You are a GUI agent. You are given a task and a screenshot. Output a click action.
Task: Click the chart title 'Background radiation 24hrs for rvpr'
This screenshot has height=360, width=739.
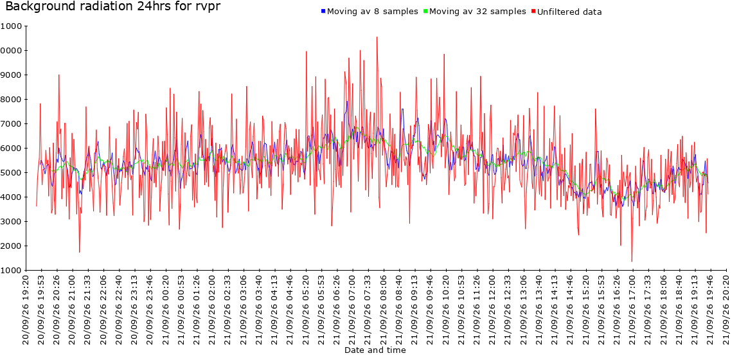click(112, 6)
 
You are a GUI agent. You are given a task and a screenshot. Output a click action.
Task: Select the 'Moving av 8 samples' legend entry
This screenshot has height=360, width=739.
click(369, 12)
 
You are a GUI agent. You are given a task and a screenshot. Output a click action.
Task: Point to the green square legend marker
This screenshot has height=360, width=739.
click(426, 11)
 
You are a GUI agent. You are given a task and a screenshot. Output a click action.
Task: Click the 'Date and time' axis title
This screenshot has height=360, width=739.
click(375, 350)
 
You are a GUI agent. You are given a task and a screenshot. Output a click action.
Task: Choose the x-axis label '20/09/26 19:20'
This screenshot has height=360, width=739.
click(26, 310)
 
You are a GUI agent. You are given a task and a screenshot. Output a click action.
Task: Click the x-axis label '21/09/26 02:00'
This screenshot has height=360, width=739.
click(213, 310)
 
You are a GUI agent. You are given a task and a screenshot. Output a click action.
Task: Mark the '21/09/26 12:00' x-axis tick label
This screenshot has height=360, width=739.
click(492, 310)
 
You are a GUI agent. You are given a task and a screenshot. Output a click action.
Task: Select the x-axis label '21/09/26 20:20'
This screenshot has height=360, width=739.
click(726, 310)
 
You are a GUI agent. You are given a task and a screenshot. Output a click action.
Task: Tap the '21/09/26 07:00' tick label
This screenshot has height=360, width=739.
click(353, 310)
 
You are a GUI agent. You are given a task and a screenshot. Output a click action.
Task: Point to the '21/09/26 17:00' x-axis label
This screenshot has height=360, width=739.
click(632, 310)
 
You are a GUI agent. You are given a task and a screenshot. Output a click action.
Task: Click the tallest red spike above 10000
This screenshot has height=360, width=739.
click(377, 37)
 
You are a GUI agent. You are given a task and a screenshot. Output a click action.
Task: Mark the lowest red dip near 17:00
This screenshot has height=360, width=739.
click(632, 261)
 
